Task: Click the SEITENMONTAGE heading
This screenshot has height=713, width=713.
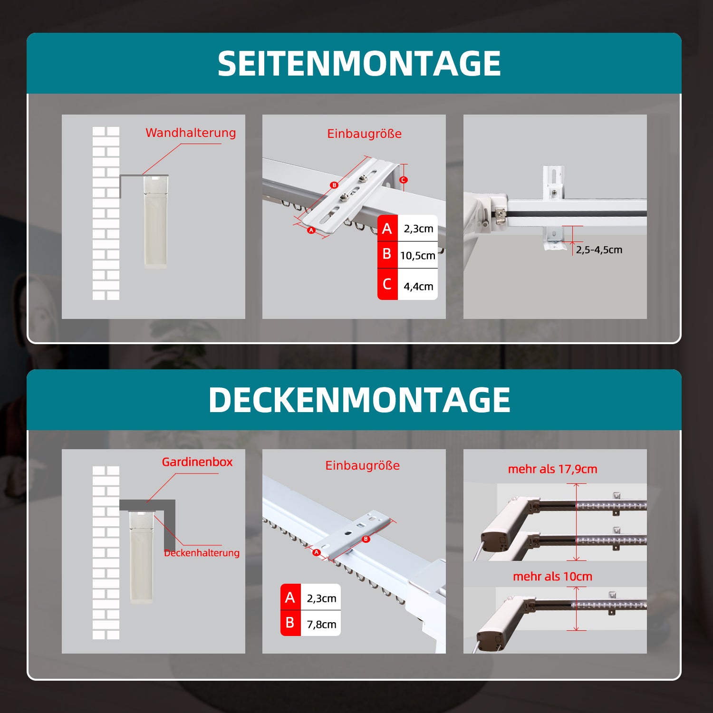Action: click(x=359, y=64)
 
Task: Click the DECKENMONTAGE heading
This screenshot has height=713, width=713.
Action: click(x=359, y=400)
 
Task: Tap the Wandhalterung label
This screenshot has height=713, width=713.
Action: click(x=191, y=133)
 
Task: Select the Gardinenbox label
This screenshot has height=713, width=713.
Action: click(x=197, y=462)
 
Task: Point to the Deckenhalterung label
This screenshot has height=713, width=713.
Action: click(x=202, y=553)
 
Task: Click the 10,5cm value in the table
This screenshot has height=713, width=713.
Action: click(x=417, y=256)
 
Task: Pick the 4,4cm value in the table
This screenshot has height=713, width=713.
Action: click(x=418, y=286)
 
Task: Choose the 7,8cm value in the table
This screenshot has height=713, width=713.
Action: click(x=321, y=624)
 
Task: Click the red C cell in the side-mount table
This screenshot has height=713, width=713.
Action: click(x=387, y=284)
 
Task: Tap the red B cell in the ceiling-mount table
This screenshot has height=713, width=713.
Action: click(x=290, y=623)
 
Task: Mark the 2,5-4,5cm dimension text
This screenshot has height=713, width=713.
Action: click(x=599, y=250)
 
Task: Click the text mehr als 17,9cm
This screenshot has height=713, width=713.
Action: click(x=552, y=469)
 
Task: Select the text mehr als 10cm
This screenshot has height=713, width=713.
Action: click(x=552, y=577)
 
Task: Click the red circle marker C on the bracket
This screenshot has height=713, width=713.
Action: click(x=403, y=180)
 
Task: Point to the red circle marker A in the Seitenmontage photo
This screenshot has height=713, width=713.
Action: click(x=311, y=230)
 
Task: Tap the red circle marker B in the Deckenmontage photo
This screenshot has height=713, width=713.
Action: click(x=366, y=539)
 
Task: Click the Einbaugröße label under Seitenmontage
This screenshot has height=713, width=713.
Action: click(x=364, y=134)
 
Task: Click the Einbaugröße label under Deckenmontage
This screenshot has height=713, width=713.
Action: click(x=362, y=466)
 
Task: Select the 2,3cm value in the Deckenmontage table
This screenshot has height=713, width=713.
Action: click(x=321, y=598)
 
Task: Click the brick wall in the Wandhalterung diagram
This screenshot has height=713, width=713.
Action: click(x=106, y=214)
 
